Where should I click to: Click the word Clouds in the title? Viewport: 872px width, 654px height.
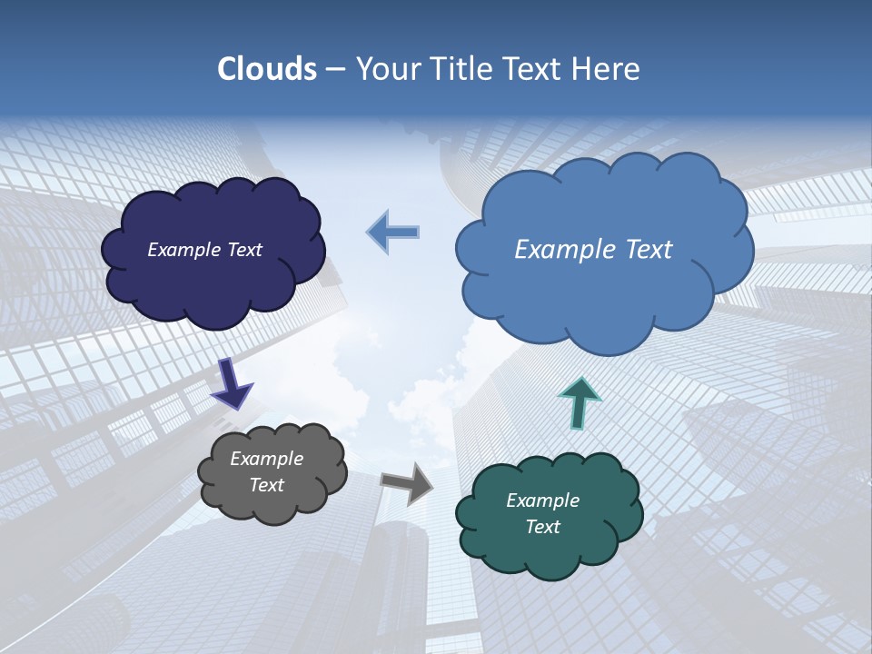coord(267,69)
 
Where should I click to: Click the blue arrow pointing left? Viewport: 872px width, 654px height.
coord(393,232)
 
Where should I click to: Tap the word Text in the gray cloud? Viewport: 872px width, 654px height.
coord(266,485)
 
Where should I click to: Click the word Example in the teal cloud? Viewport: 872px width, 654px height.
coord(542,500)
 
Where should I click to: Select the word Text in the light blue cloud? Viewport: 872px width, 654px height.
coord(641,250)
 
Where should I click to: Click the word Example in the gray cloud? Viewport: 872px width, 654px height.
coord(266,459)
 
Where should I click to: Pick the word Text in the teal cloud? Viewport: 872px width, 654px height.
coord(542,527)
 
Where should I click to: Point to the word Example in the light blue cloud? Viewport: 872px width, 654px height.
coord(564,250)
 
